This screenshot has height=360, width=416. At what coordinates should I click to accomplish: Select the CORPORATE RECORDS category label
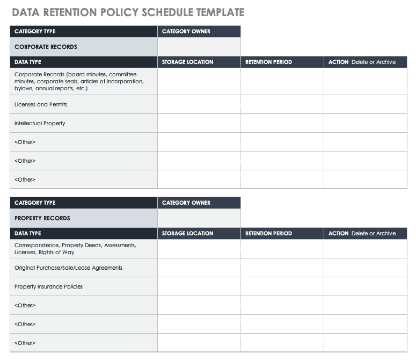click(x=46, y=47)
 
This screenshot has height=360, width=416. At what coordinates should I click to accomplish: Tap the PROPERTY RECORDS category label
click(x=42, y=218)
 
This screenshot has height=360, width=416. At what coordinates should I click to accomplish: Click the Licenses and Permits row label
click(x=41, y=104)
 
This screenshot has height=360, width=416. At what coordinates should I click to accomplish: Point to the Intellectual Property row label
click(x=40, y=123)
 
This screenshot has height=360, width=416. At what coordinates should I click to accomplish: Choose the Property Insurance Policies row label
click(x=48, y=286)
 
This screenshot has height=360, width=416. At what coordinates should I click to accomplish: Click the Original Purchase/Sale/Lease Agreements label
click(x=68, y=268)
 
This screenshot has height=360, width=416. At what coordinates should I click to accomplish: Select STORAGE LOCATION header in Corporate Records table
click(x=187, y=62)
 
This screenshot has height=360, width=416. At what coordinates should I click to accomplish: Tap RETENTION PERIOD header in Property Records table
click(x=268, y=233)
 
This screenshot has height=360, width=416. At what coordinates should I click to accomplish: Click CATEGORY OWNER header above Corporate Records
click(x=186, y=31)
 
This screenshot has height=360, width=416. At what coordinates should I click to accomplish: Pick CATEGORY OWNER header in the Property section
click(x=186, y=203)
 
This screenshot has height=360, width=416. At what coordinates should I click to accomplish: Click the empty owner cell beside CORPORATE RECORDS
click(x=199, y=47)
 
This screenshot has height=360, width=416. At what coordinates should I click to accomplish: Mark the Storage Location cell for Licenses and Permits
click(x=199, y=104)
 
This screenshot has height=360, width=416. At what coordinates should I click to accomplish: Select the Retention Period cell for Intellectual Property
click(x=282, y=123)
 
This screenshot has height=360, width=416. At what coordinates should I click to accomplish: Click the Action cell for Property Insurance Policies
click(x=365, y=286)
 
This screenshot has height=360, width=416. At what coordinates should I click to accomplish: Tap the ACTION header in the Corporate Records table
click(x=338, y=62)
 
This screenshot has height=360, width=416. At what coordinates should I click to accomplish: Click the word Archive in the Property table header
click(x=386, y=233)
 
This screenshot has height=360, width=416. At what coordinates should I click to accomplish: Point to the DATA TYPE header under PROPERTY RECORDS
click(x=27, y=233)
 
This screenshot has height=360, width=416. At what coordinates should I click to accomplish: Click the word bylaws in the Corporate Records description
click(x=24, y=88)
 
